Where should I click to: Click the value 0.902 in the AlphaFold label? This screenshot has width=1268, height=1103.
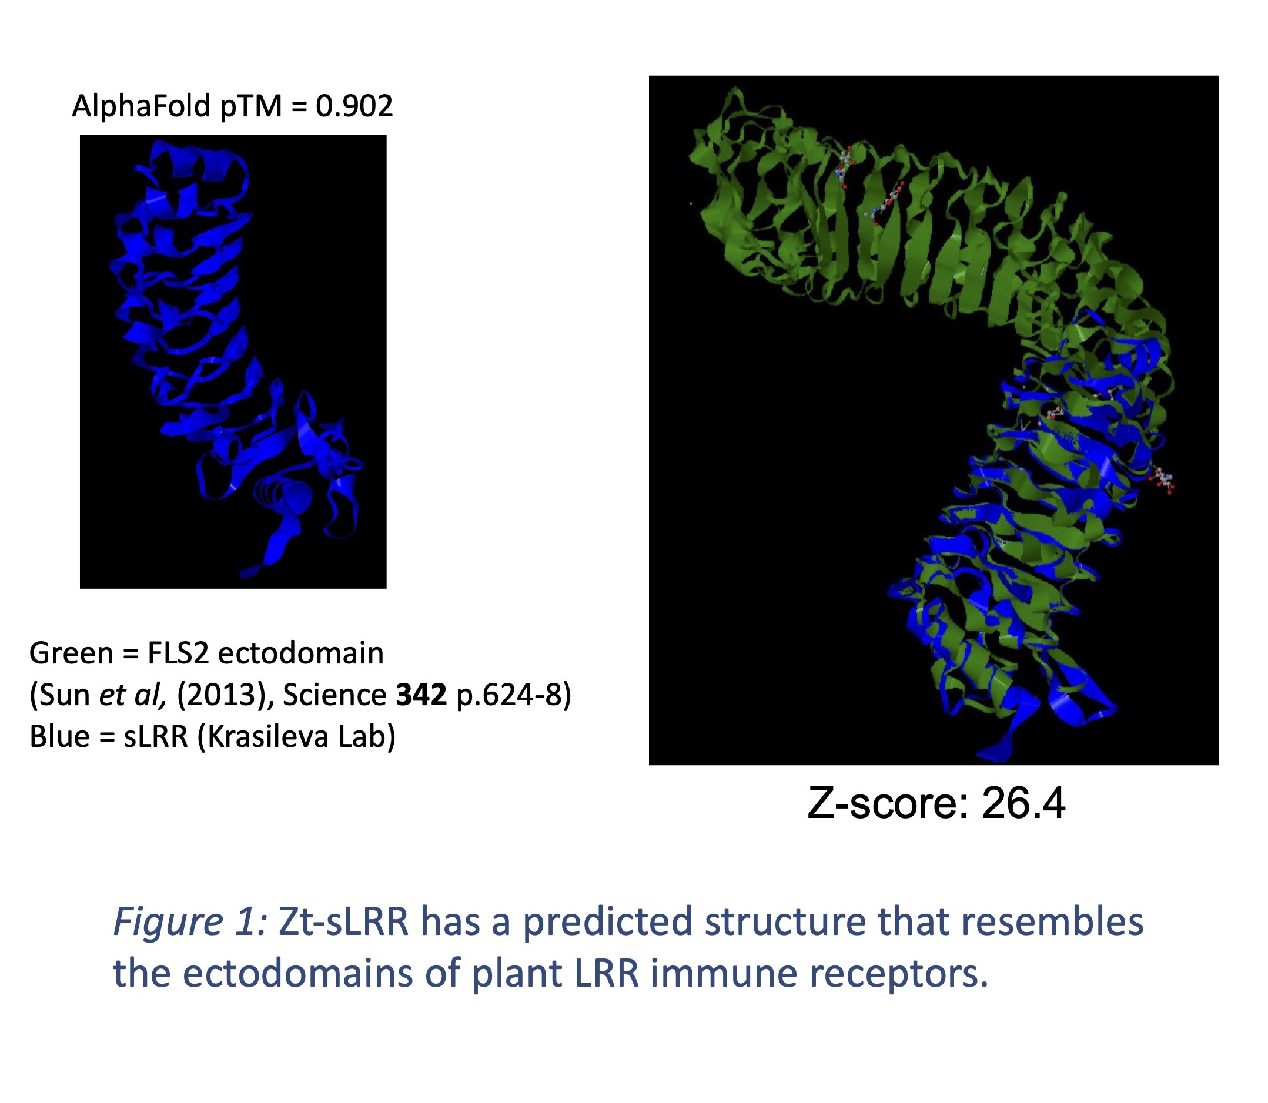pyautogui.click(x=354, y=106)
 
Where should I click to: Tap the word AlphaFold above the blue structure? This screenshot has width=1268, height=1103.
pyautogui.click(x=142, y=106)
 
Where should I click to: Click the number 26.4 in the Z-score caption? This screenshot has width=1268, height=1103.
pyautogui.click(x=1023, y=803)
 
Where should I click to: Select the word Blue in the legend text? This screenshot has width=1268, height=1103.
pyautogui.click(x=60, y=736)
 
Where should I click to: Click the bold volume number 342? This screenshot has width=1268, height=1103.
pyautogui.click(x=421, y=695)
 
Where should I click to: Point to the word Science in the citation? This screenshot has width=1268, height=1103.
pyautogui.click(x=334, y=695)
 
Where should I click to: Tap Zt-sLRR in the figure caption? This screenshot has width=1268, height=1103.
pyautogui.click(x=344, y=921)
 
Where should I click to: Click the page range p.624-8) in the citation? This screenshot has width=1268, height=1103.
pyautogui.click(x=514, y=696)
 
